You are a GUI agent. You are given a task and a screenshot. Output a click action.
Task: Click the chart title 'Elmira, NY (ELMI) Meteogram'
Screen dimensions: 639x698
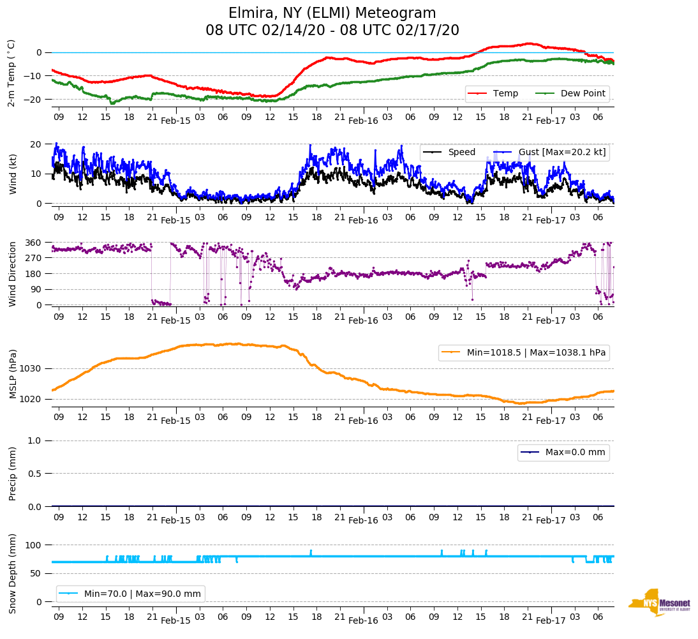pos(332,13)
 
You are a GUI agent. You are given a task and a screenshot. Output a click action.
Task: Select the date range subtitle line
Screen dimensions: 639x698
pos(332,31)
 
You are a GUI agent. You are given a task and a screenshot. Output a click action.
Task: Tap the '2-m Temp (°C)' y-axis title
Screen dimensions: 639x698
pos(11,73)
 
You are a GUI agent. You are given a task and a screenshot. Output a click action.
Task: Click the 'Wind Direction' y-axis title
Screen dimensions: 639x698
pos(12,274)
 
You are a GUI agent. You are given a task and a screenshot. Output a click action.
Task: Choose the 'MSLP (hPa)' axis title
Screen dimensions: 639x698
pos(12,374)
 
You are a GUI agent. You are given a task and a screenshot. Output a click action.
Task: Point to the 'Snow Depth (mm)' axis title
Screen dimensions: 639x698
pos(12,573)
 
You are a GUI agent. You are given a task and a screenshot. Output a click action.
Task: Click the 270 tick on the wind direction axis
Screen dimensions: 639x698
pos(33,258)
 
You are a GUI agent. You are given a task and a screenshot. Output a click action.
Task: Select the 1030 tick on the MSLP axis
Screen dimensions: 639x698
pos(31,369)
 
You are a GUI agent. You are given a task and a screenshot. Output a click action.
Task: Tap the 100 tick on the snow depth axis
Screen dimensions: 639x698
pos(33,545)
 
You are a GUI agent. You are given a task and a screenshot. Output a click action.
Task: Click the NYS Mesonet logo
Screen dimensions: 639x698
pos(658,603)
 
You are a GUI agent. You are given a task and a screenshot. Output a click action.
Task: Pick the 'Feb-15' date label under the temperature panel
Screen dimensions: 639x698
pos(175,121)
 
